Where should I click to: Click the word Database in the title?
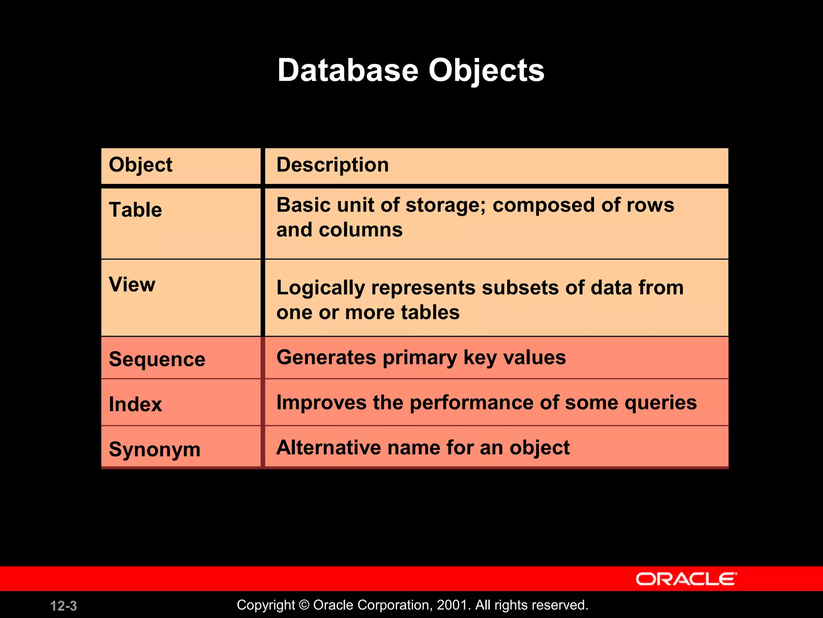(348, 70)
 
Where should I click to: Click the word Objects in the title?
(486, 70)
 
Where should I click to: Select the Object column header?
(140, 165)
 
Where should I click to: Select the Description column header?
(333, 165)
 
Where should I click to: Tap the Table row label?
(135, 210)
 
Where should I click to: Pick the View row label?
(132, 284)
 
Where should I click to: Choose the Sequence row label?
(157, 359)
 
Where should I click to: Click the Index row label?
(135, 404)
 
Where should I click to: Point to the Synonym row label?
(154, 449)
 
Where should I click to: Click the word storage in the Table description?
(446, 205)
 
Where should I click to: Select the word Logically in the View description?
(321, 288)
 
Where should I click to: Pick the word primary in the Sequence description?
(420, 358)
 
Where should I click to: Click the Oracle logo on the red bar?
(686, 579)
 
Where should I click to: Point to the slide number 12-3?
(63, 606)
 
